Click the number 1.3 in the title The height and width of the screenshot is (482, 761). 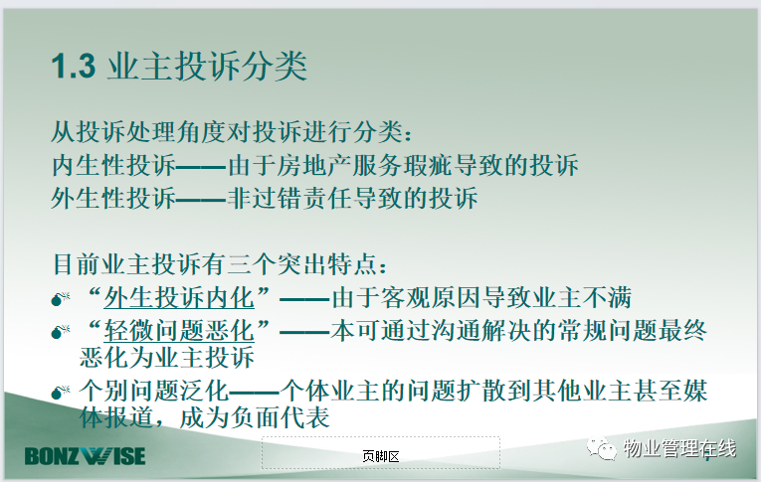tap(74, 66)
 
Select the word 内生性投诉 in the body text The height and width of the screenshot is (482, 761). tap(113, 165)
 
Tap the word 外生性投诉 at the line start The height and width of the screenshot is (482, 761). tap(113, 199)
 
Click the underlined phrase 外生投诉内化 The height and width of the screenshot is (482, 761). tap(179, 298)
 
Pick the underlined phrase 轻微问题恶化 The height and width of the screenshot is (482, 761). tap(179, 331)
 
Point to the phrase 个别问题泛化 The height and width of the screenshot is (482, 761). tap(154, 391)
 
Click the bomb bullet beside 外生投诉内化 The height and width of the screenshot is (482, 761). tap(61, 299)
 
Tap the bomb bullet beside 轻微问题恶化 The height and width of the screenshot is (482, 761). tap(61, 332)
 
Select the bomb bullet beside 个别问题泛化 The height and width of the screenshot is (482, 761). tap(61, 392)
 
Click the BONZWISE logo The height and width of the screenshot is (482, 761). tap(85, 456)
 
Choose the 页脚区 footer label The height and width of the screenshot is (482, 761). tap(380, 456)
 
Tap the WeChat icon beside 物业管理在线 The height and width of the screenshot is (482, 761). tap(601, 448)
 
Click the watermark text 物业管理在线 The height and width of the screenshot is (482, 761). tap(680, 448)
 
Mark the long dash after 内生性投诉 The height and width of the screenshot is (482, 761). tap(201, 167)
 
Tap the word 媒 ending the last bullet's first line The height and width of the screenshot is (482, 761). tap(695, 391)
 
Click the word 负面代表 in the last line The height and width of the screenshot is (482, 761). tap(281, 418)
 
